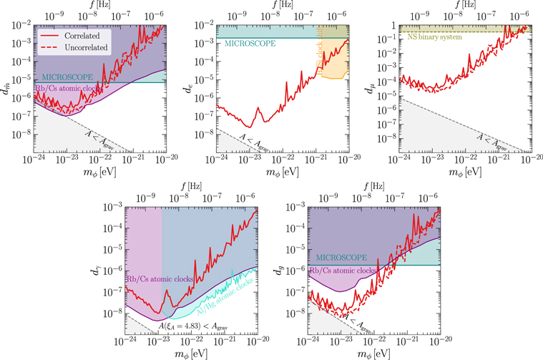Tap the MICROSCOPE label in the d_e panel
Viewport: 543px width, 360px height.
coord(250,44)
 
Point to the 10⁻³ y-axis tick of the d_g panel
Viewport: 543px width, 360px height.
coord(295,207)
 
